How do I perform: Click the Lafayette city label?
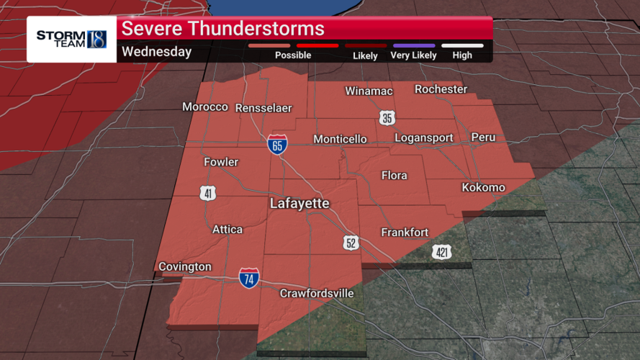pos(299,204)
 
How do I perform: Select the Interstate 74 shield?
pos(249,277)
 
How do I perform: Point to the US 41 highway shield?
pos(207,192)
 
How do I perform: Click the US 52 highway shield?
pos(351,243)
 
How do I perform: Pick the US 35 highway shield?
pos(387,118)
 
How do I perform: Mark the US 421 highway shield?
pos(442,252)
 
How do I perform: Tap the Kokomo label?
pos(483,187)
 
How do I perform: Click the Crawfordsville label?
pos(317,294)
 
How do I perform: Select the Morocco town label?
pos(204,107)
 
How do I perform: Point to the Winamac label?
pos(369,91)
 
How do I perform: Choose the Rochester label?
pos(441,89)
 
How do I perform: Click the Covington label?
pos(185,266)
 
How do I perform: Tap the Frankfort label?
pos(405,232)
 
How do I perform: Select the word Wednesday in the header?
pos(156,52)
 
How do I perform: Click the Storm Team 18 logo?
pos(71,39)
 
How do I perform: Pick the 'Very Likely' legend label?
pos(413,55)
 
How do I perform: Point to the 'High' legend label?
pos(462,55)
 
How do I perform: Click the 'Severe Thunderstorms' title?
pos(222,29)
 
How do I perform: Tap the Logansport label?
pos(424,138)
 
